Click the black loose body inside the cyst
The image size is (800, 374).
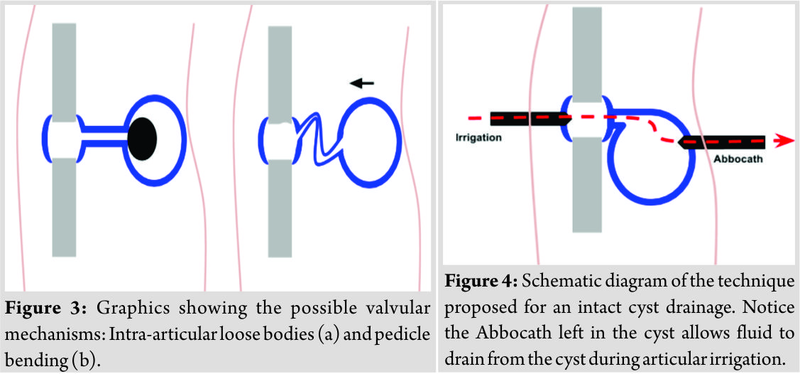142,139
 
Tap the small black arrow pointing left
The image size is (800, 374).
363,82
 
